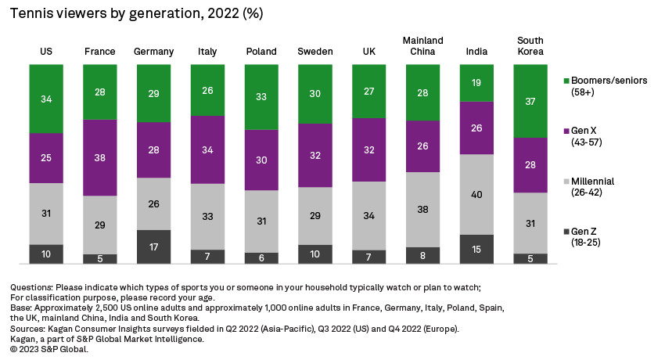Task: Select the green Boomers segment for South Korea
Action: tap(530, 100)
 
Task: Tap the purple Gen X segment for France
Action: tap(99, 157)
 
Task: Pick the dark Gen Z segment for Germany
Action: tap(153, 247)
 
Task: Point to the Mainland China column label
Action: tap(422, 46)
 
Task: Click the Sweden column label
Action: tap(315, 52)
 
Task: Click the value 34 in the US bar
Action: tap(46, 99)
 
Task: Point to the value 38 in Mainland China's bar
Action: tap(422, 210)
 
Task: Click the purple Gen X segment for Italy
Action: tap(207, 149)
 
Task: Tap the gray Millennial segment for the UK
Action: tap(368, 215)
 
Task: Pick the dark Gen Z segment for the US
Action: tap(46, 254)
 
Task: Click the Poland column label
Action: tap(261, 52)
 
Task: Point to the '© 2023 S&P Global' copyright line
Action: tap(49, 350)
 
